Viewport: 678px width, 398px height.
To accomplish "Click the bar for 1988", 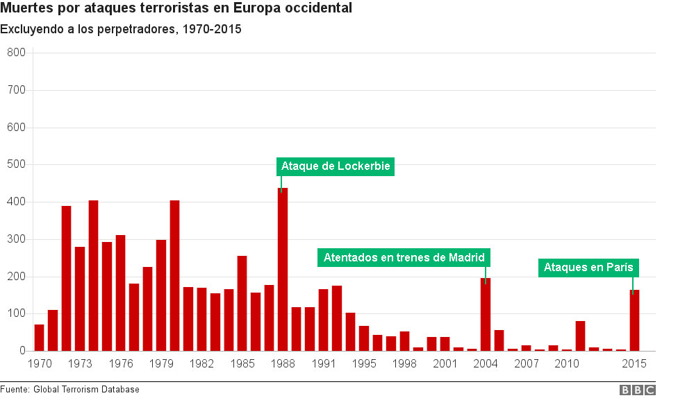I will tap(283, 270).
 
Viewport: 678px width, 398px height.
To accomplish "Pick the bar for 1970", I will tap(39, 338).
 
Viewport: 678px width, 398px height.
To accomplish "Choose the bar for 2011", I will tap(580, 336).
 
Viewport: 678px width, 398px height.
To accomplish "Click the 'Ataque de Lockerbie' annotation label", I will tap(335, 166).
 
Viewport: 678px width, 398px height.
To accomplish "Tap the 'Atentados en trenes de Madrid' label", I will tap(404, 258).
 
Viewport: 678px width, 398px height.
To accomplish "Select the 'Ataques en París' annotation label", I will tap(588, 268).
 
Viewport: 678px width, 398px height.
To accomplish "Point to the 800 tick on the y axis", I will tap(15, 53).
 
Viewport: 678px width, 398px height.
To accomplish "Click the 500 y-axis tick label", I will tap(15, 165).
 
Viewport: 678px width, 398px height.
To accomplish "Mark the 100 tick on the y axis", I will tap(15, 314).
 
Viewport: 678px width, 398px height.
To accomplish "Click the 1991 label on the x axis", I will tap(323, 364).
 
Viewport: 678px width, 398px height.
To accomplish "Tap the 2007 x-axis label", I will tap(526, 364).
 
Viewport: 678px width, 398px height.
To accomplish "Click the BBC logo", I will tap(637, 390).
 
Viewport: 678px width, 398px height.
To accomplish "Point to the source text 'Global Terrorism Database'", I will tap(86, 390).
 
